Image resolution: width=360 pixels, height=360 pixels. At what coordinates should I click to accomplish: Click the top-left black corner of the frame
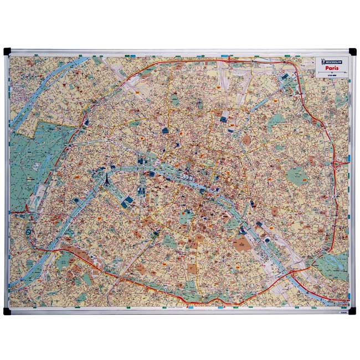coord(8,52)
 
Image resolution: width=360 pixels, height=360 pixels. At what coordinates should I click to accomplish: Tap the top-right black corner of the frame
coord(353,52)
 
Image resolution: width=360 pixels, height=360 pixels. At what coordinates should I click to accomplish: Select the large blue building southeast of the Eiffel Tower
coord(126,203)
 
